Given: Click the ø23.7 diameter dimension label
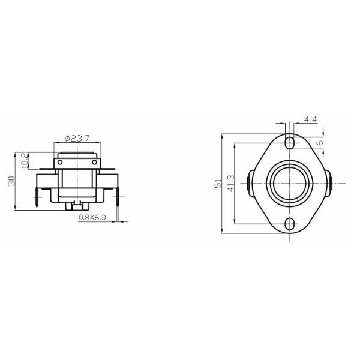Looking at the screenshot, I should click(76, 138).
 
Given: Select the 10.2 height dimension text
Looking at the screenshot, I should click(25, 161).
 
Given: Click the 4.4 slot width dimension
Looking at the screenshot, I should click(310, 120).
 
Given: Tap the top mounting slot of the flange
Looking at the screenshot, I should click(290, 143).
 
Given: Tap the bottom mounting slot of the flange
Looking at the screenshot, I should click(290, 224).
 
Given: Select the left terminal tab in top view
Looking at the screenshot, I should click(249, 182).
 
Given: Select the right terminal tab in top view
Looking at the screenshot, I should click(332, 182).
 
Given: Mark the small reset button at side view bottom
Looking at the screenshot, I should click(76, 207).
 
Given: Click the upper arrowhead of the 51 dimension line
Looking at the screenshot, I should click(223, 135).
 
